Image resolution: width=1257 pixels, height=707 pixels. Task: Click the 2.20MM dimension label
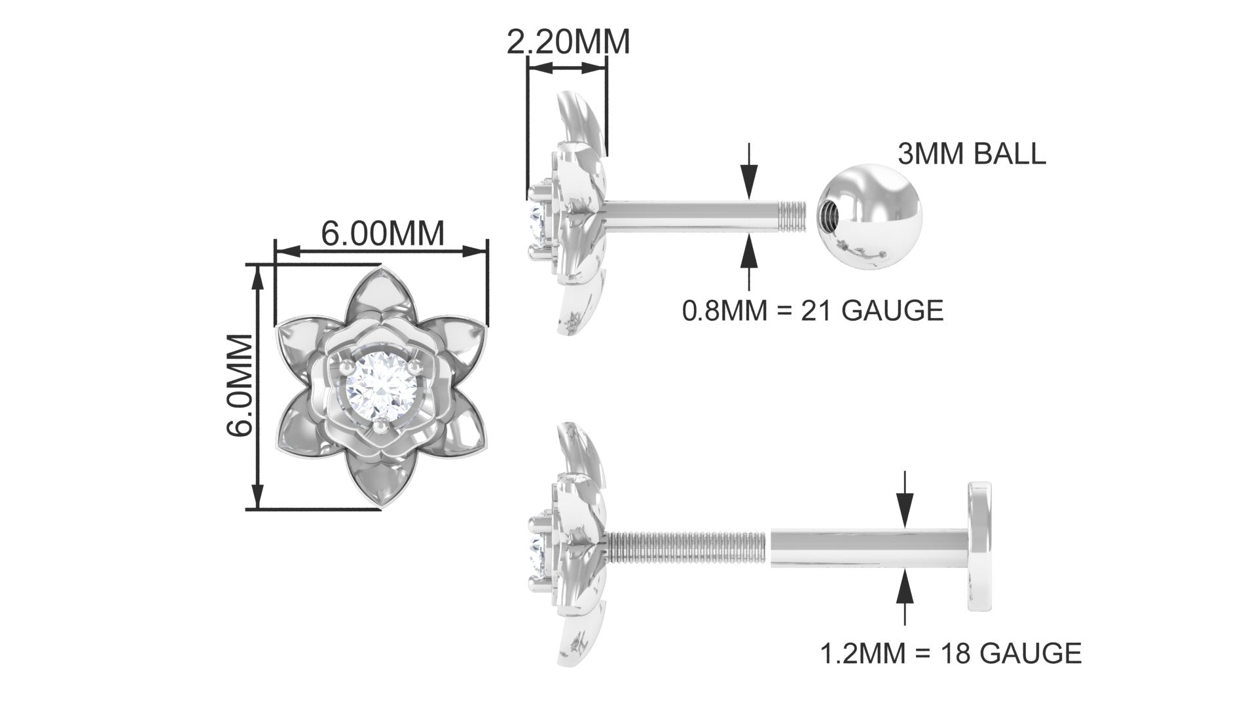point(568,42)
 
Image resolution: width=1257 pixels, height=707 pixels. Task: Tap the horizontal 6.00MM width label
point(382,233)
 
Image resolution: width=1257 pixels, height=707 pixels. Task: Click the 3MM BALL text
point(972,154)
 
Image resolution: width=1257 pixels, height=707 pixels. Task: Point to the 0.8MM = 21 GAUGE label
point(813,310)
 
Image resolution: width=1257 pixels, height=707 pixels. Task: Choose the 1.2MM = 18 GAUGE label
point(951,653)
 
